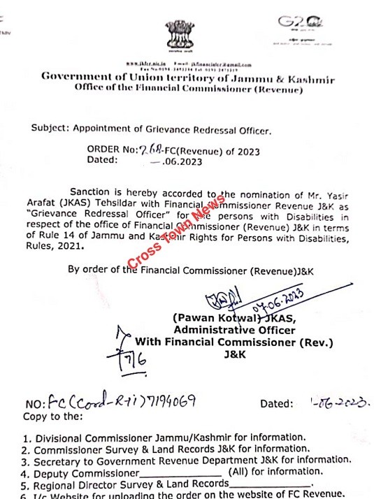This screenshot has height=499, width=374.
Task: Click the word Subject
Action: coord(50,129)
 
